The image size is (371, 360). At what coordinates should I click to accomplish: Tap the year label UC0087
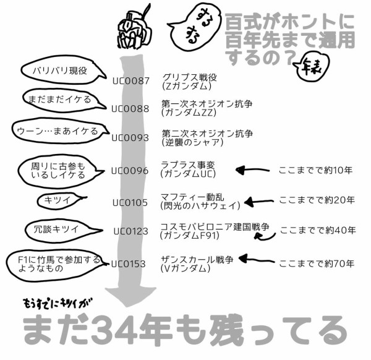point(130,80)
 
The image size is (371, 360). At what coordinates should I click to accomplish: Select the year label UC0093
point(130,138)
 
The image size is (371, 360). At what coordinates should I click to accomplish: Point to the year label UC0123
point(130,231)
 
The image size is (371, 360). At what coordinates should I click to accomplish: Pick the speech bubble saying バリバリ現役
point(59,71)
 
